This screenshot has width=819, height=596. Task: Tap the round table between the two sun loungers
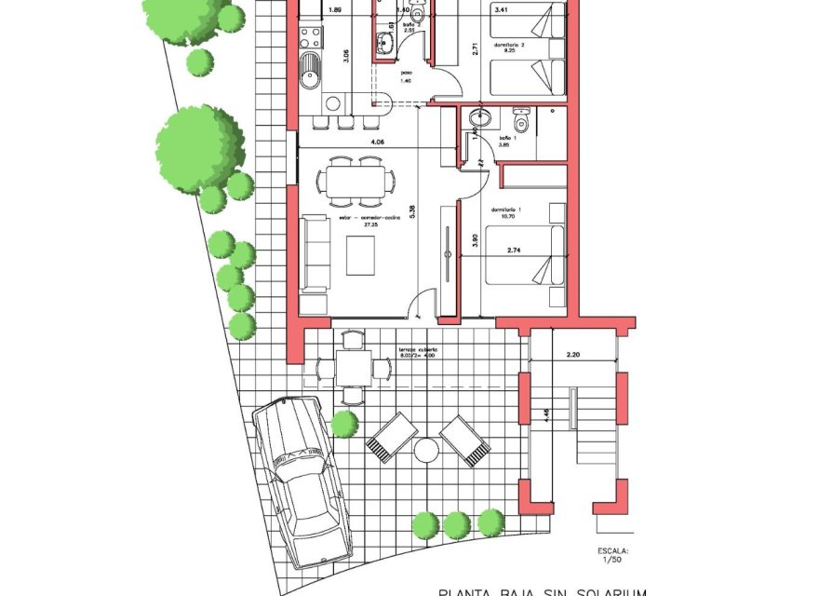click(426, 450)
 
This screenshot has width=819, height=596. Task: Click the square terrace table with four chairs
click(353, 367)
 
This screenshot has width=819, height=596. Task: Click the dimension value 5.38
click(412, 210)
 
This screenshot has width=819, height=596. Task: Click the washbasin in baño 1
click(480, 118)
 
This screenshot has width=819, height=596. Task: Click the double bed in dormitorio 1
click(526, 264)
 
